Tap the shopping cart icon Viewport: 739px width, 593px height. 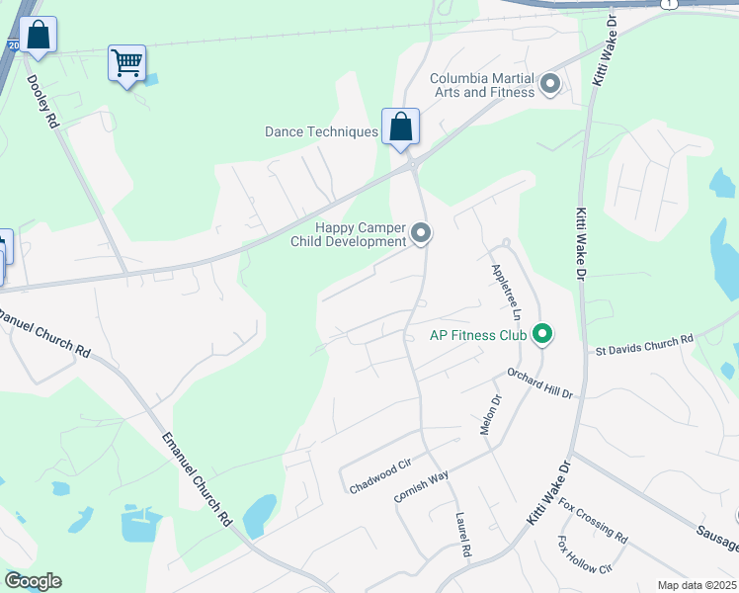(x=126, y=63)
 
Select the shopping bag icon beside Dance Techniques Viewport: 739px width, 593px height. (x=400, y=127)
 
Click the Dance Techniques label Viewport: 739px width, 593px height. (x=321, y=131)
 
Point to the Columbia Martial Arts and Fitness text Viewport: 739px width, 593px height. (x=483, y=85)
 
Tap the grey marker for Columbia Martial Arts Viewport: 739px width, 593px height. (x=550, y=85)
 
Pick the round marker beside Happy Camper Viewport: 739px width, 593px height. (x=422, y=234)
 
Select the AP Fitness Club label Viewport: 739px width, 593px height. (x=478, y=335)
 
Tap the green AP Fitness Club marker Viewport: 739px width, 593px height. (x=541, y=335)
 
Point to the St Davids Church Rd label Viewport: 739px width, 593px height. (x=644, y=346)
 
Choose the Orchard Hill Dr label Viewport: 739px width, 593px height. (x=540, y=384)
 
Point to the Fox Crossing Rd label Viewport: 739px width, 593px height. (x=593, y=521)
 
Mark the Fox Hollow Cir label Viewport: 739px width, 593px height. (x=585, y=555)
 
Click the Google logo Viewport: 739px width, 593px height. (x=34, y=581)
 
